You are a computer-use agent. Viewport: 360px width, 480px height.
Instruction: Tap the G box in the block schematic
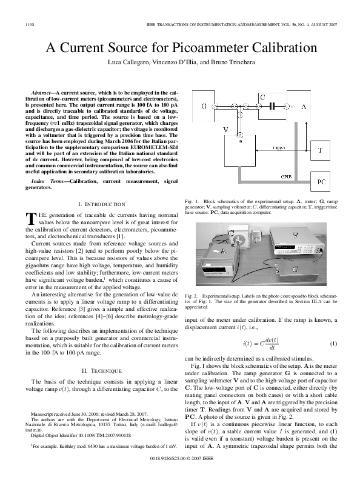pyautogui.click(x=204, y=106)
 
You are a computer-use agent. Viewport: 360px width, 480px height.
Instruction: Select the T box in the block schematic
pyautogui.click(x=321, y=149)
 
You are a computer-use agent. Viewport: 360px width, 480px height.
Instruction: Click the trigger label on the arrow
pyautogui.click(x=280, y=147)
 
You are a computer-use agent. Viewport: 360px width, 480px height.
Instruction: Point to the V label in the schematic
pyautogui.click(x=225, y=130)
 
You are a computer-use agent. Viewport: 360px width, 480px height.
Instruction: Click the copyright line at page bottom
pyautogui.click(x=180, y=468)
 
